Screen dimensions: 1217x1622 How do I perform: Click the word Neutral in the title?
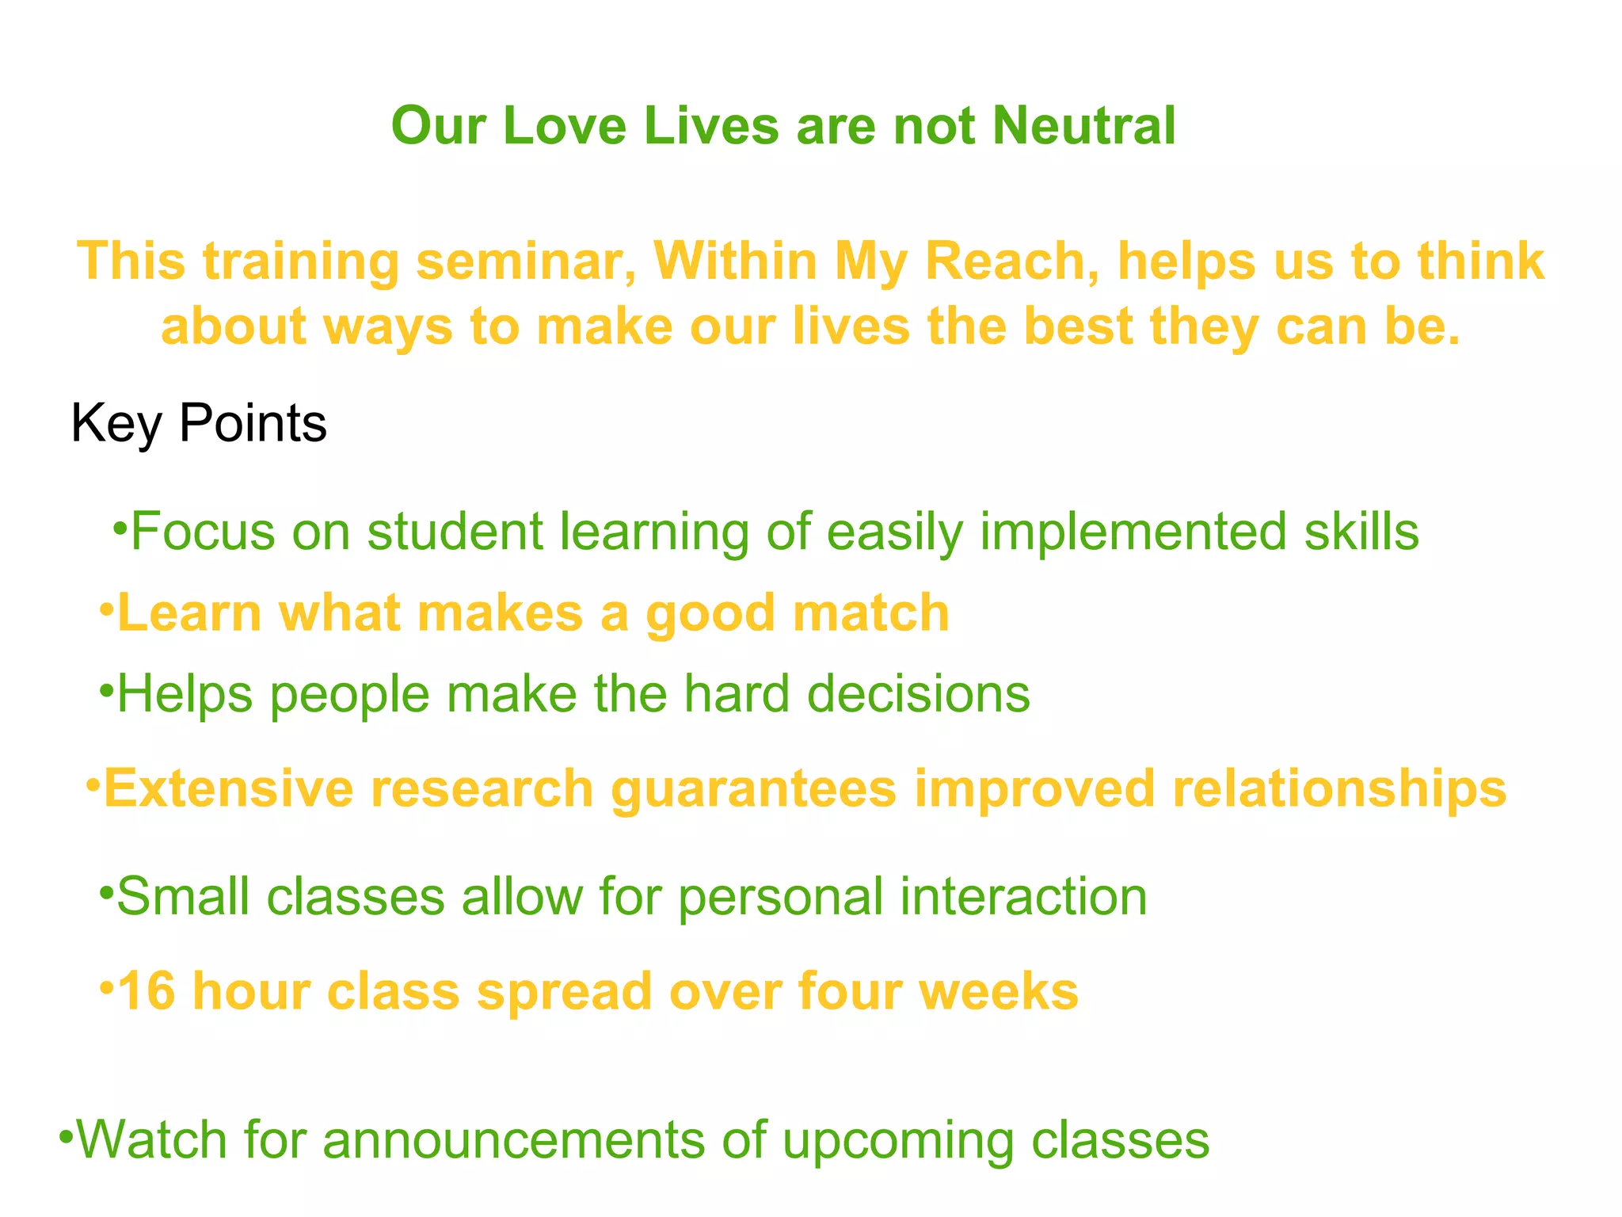(x=1083, y=126)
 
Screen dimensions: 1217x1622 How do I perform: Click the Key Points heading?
(x=199, y=424)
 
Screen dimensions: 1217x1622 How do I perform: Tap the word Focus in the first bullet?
(x=203, y=531)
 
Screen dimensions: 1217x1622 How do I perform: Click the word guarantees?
(x=753, y=789)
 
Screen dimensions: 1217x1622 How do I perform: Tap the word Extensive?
(x=229, y=789)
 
